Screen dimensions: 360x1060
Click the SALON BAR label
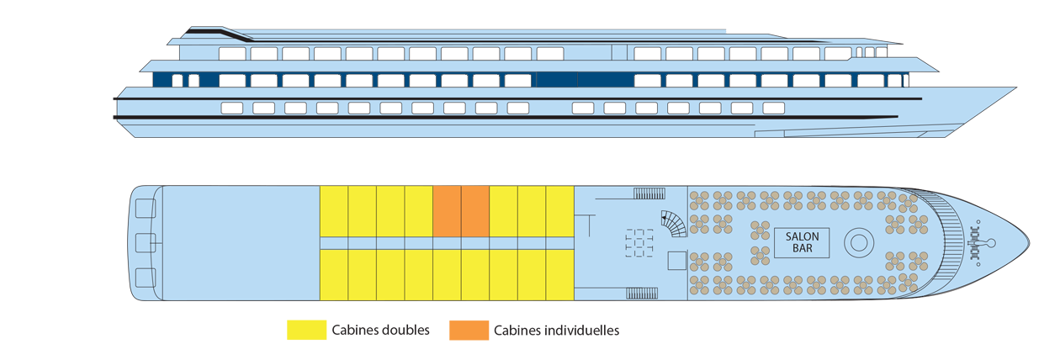click(x=802, y=242)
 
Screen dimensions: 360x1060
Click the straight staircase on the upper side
click(x=649, y=194)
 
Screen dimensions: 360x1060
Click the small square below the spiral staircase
click(x=676, y=261)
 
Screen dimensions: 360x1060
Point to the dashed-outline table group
click(x=640, y=243)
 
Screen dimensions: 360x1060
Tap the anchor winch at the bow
click(x=981, y=243)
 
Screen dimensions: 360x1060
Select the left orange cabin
click(x=447, y=210)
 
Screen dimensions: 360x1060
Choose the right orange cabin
click(x=475, y=210)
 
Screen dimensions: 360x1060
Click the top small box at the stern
click(x=145, y=207)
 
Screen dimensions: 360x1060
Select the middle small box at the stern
click(x=145, y=243)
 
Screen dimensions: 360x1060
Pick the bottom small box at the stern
click(x=145, y=278)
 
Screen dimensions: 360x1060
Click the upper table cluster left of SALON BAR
click(x=760, y=230)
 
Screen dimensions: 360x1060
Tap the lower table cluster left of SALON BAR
click(x=760, y=256)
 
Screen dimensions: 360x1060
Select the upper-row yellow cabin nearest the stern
click(x=334, y=210)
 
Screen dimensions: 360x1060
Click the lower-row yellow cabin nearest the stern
click(x=334, y=274)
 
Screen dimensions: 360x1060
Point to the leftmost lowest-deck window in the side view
click(x=231, y=108)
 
